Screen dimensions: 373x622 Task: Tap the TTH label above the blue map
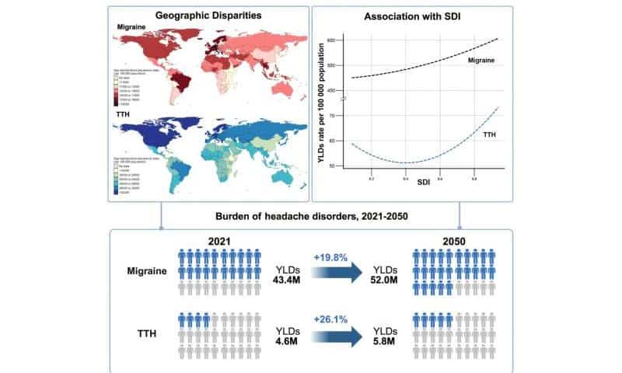pos(124,117)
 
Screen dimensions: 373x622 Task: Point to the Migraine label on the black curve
pos(483,59)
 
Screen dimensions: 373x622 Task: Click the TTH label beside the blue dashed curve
pos(490,135)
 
